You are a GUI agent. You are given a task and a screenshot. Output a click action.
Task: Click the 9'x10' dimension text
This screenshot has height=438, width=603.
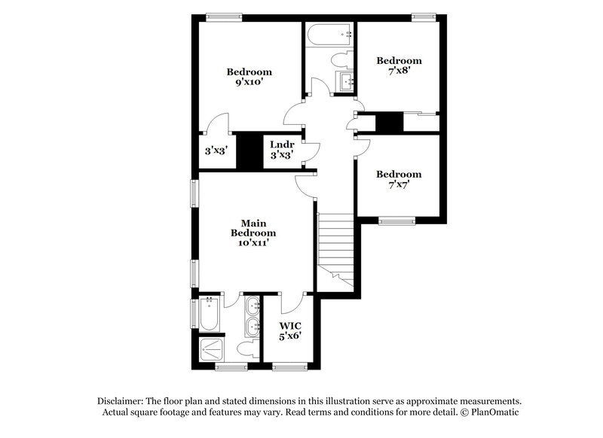pos(249,83)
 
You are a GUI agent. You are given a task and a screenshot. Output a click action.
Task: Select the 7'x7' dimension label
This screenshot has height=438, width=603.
pos(399,185)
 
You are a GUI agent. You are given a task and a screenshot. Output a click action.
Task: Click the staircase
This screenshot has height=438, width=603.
pos(335,248)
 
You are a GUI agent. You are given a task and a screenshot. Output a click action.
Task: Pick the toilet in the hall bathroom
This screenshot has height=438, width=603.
pos(341,59)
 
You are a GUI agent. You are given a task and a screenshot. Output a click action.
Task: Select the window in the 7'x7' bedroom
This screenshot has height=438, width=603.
pos(396,221)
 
